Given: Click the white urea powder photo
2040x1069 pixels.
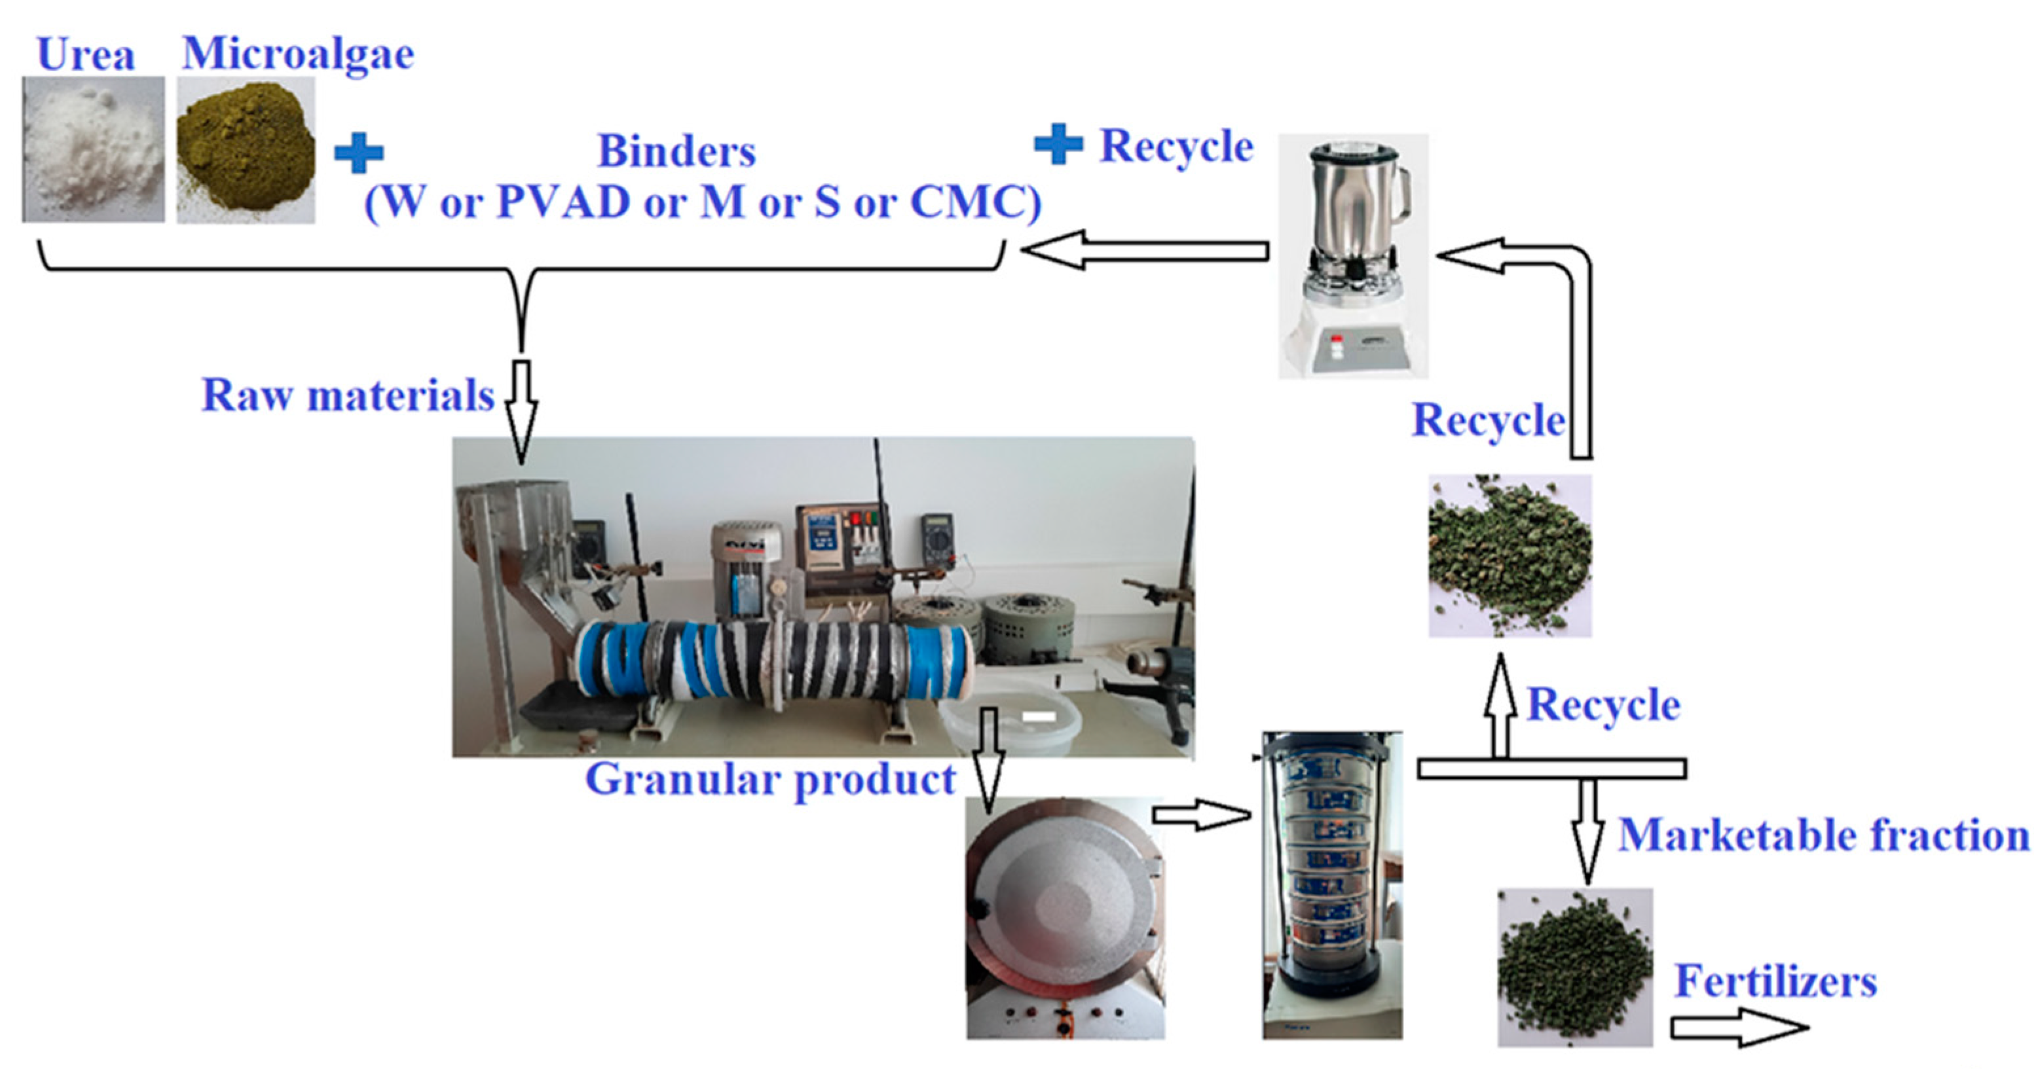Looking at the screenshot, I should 94,149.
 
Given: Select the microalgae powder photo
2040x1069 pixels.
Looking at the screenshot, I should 246,151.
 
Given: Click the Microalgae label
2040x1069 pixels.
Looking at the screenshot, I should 298,53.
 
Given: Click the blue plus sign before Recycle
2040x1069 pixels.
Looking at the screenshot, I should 1058,145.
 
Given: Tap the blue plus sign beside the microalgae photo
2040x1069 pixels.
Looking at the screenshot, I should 359,153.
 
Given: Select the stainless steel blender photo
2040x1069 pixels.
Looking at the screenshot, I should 1352,255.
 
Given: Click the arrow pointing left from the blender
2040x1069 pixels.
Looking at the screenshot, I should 1144,250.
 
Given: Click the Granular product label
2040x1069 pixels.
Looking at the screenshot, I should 770,779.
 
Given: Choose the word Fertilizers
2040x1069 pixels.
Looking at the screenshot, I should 1775,981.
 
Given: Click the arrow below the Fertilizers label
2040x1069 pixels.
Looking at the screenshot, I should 1738,1028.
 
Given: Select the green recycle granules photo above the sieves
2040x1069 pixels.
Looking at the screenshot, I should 1510,556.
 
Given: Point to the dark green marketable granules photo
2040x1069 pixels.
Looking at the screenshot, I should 1574,967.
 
